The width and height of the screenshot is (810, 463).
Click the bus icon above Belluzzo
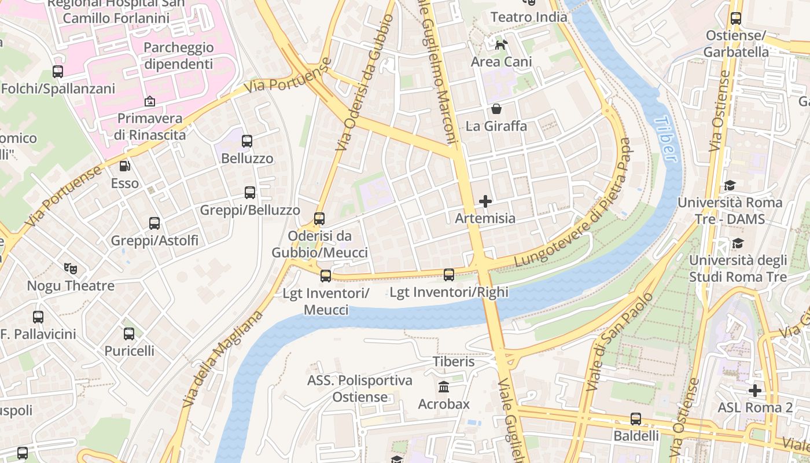(x=247, y=141)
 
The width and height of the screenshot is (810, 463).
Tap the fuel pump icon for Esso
(x=124, y=167)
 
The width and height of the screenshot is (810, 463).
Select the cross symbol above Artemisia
(x=485, y=201)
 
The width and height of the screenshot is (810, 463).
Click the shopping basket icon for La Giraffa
(x=496, y=109)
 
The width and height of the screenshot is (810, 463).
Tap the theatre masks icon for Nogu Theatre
(x=71, y=269)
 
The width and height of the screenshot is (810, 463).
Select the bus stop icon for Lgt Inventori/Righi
(x=449, y=275)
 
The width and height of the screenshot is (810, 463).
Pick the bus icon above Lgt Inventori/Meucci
(x=326, y=276)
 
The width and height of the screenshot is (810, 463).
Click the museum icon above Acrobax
(x=444, y=387)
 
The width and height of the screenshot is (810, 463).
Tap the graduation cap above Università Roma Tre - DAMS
(x=730, y=186)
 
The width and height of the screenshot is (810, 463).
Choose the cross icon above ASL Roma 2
(x=754, y=391)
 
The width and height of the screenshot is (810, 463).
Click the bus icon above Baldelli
(x=636, y=418)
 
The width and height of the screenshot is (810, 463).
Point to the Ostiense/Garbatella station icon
(x=735, y=19)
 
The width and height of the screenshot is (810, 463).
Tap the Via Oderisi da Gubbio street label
(x=365, y=84)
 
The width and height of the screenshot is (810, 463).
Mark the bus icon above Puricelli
(x=129, y=334)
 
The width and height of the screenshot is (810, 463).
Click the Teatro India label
(x=529, y=17)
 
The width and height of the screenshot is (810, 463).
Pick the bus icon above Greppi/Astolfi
(x=154, y=223)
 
